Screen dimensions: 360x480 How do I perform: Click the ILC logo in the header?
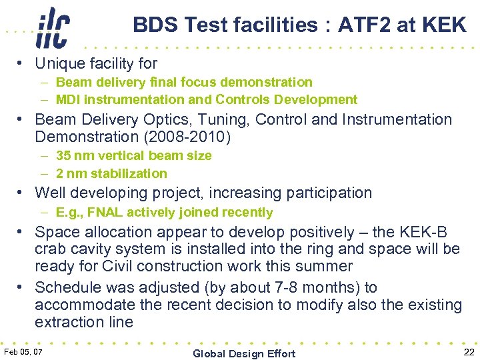(53, 27)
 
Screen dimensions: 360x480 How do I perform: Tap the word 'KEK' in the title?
(443, 25)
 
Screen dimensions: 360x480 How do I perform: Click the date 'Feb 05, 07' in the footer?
(23, 351)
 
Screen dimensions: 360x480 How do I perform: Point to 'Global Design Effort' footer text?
(244, 353)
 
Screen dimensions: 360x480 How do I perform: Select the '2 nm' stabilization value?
(69, 173)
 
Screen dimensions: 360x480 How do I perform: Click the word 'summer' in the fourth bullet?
(328, 267)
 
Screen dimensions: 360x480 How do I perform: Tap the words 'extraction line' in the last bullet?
(84, 322)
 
